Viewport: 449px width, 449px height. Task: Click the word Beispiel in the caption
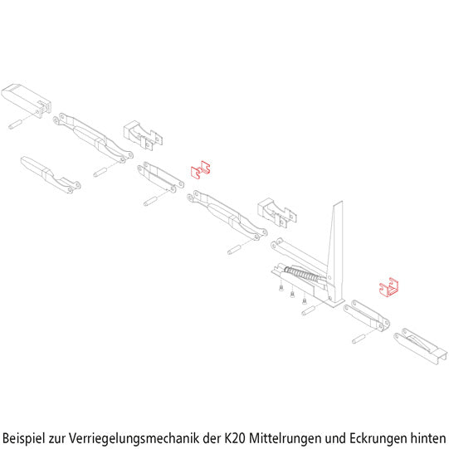(x=28, y=436)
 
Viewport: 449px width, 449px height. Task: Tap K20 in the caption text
(x=236, y=436)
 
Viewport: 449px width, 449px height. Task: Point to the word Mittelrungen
(x=290, y=436)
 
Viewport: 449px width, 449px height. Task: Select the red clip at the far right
(x=388, y=287)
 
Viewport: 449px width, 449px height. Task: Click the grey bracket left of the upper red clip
(x=141, y=132)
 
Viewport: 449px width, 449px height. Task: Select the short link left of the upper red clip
(x=160, y=176)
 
